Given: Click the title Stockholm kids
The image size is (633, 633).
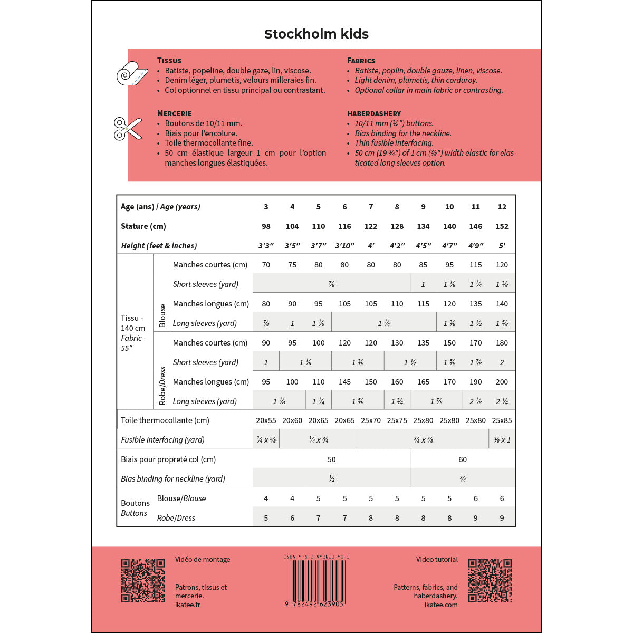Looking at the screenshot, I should (x=316, y=34).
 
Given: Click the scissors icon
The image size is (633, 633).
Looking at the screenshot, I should (x=128, y=129).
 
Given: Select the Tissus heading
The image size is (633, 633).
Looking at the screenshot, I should (x=169, y=61).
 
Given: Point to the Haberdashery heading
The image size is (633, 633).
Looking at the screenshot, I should (x=373, y=113).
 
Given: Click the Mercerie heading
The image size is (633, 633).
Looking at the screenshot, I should (x=174, y=113).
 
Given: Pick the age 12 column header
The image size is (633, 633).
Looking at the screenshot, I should (x=502, y=207).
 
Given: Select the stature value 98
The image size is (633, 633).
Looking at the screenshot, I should (x=266, y=226).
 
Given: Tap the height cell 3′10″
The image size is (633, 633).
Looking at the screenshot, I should (x=344, y=246).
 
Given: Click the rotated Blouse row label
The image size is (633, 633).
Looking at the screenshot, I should (x=162, y=315).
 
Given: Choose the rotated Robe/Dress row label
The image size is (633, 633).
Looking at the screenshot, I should (x=162, y=386).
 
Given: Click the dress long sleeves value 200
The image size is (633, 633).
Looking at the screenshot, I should (x=502, y=382).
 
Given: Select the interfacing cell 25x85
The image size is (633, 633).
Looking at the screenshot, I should (x=502, y=420).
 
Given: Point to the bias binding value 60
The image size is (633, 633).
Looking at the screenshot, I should (x=463, y=459).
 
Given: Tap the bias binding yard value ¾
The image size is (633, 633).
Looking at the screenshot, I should (x=463, y=479).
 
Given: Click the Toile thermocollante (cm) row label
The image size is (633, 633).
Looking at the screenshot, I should (x=165, y=420).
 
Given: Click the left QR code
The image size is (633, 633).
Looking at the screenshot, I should (x=143, y=580).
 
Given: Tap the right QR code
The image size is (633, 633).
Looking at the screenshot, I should (x=490, y=580).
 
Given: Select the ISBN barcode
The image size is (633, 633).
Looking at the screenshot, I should (x=316, y=580).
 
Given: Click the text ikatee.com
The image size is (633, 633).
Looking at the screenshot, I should (x=440, y=605).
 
